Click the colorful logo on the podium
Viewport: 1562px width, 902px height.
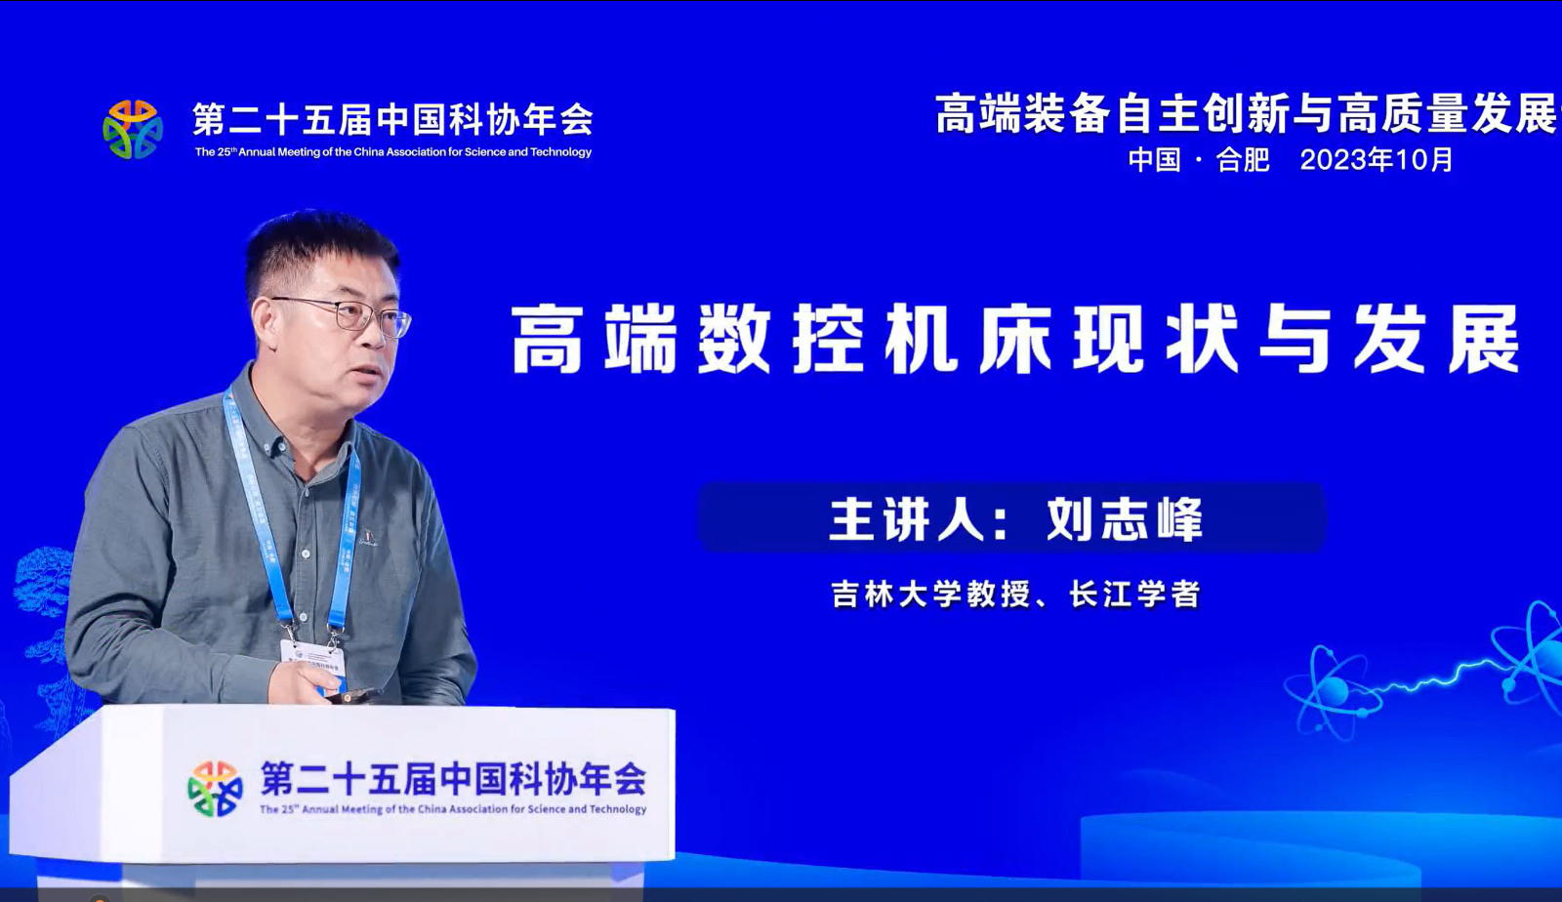coord(215,788)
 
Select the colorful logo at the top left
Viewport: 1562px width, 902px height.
coord(133,130)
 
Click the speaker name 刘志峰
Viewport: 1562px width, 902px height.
coord(1124,519)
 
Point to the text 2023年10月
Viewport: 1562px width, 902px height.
coord(1377,160)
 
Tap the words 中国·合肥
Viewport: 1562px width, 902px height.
coord(1199,160)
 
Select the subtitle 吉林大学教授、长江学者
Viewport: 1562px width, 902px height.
coord(1016,594)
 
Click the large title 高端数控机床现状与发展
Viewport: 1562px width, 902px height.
coord(1016,340)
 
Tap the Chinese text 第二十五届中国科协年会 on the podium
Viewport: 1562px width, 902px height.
coord(453,778)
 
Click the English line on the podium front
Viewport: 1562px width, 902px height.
coord(453,809)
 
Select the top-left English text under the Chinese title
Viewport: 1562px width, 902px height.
coord(393,152)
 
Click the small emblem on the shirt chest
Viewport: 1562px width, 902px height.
coord(367,537)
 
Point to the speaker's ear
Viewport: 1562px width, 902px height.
coord(264,324)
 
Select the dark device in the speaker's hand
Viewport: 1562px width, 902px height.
coord(355,695)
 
